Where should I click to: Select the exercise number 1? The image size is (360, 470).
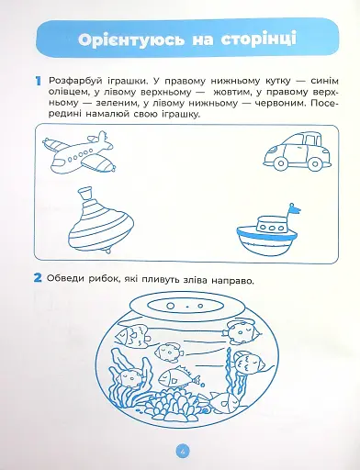[37, 82]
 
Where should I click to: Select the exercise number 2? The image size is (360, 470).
[38, 279]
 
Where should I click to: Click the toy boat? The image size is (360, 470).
[265, 238]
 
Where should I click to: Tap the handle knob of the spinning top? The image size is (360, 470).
[86, 193]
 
